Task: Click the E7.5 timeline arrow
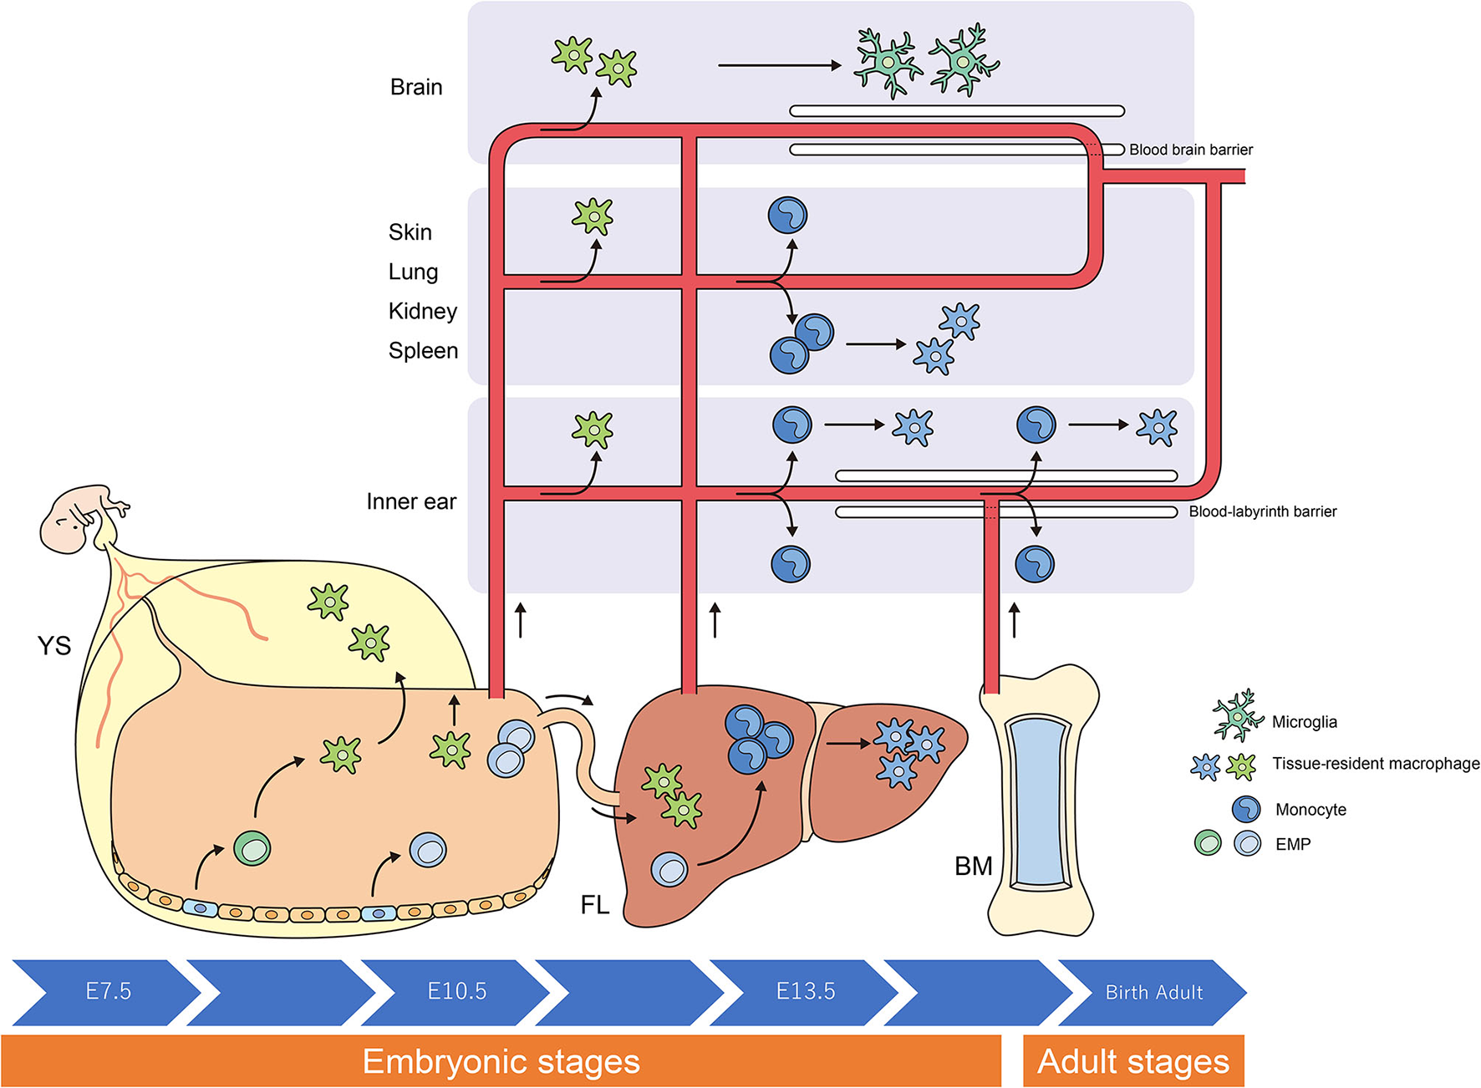108,992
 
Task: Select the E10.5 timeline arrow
456,992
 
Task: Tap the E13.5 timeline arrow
805,992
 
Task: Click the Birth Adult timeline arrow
1153,993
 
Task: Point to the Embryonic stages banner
501,1061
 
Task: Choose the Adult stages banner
1133,1061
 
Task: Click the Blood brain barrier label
1190,150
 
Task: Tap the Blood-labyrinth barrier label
1262,511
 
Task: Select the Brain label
416,87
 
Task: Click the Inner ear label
411,501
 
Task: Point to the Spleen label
423,350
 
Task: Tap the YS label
54,645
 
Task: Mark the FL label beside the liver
594,904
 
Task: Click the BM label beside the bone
973,867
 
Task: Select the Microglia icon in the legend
1238,715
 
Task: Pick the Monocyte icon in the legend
1246,809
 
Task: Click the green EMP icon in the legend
1208,843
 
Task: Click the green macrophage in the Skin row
593,216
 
